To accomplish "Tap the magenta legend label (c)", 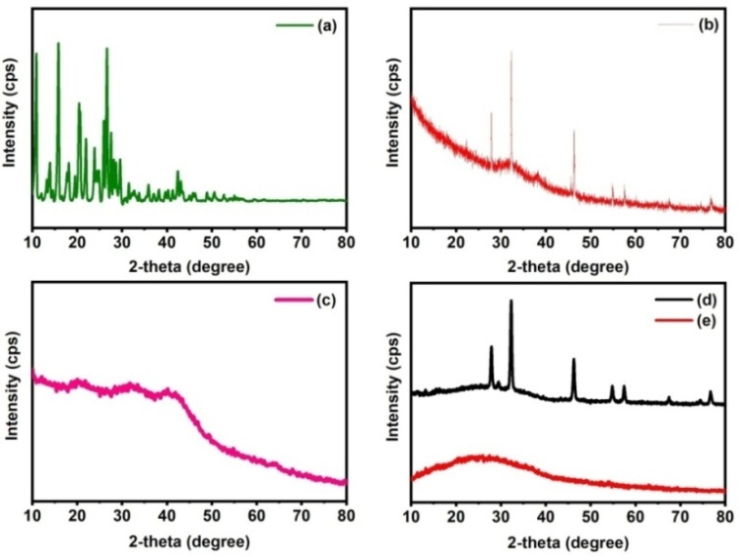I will [x=326, y=300].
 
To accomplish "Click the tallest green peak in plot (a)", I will [x=58, y=45].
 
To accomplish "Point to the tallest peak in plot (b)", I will [x=511, y=53].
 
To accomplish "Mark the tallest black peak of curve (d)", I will [x=511, y=303].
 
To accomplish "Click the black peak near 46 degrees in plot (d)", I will [x=573, y=362].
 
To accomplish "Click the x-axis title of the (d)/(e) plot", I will [x=568, y=539].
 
